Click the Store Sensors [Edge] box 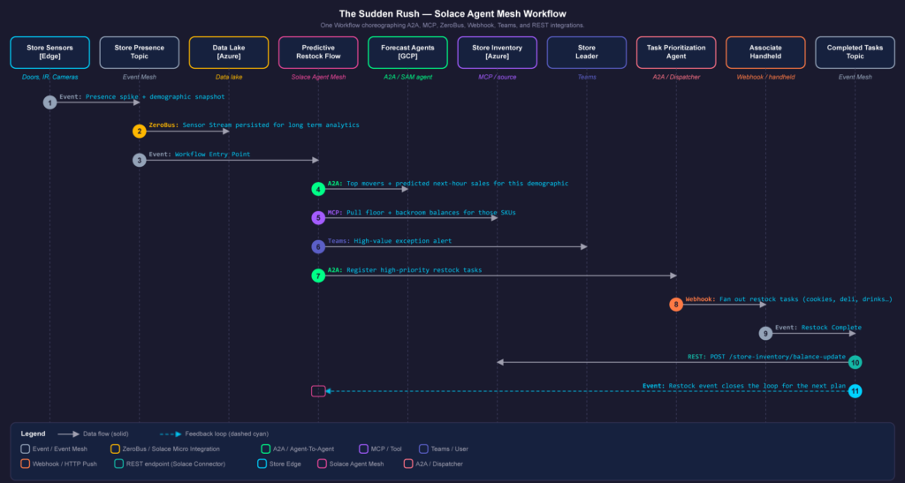(49, 52)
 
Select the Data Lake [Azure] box (229, 52)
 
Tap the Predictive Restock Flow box (318, 52)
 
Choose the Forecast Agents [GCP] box (407, 52)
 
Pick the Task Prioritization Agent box (676, 52)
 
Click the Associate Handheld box (765, 52)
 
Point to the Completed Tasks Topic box (855, 52)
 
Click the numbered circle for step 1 (49, 102)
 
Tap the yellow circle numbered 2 (139, 132)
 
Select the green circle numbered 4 (318, 189)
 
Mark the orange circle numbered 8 (676, 305)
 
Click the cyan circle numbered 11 (855, 391)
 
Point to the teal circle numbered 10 (855, 363)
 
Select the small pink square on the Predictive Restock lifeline (318, 391)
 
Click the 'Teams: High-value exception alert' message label (390, 241)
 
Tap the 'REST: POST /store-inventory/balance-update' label (766, 357)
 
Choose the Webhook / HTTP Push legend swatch (26, 464)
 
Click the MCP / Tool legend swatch (363, 449)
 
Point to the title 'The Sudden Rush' (376, 14)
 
